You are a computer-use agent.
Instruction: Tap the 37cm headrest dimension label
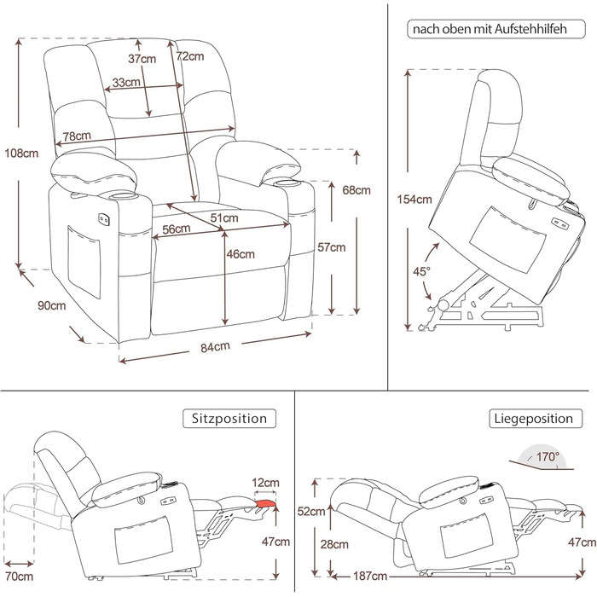pos(142,59)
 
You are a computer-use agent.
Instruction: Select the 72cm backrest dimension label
pos(190,57)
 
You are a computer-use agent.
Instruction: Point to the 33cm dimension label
pos(126,83)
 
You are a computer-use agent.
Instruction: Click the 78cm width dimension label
pos(78,136)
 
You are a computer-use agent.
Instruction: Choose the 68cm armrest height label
pos(356,190)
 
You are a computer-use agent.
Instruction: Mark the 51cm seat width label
pos(225,218)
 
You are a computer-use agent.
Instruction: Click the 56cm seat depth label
pos(176,229)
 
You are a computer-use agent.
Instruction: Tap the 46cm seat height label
pos(241,253)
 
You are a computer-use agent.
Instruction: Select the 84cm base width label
pos(216,347)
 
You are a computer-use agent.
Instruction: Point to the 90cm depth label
pos(51,306)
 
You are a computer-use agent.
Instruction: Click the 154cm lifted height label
pos(414,200)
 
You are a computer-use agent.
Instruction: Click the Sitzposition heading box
pos(229,419)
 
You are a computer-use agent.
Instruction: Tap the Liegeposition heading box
pos(532,419)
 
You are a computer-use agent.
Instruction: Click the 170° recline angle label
pos(548,457)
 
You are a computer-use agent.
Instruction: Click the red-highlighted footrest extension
pos(267,508)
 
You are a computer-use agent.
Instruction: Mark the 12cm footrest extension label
pos(266,483)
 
